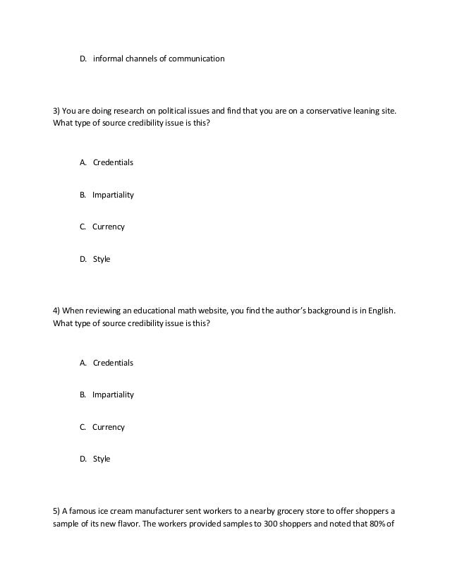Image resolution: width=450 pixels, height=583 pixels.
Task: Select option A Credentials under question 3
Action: (113, 162)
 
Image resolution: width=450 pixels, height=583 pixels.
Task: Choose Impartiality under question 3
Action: (113, 195)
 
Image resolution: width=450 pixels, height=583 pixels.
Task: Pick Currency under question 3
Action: (109, 227)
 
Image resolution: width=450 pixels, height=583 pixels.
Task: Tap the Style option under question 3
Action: (102, 260)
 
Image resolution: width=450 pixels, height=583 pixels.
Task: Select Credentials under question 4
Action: (113, 363)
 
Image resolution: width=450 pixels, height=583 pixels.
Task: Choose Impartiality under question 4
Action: (113, 395)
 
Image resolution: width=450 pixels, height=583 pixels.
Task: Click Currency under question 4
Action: (109, 427)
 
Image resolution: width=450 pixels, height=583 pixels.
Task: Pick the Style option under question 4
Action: (102, 459)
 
